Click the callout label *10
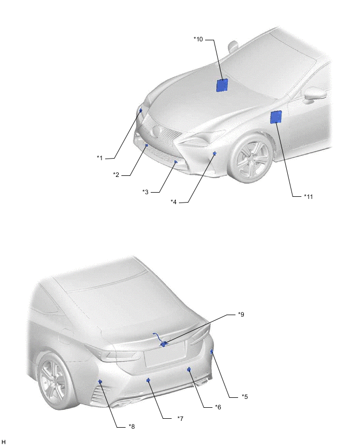[198, 39]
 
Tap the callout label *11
[308, 196]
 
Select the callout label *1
[99, 158]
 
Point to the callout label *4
[174, 202]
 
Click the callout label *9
[241, 314]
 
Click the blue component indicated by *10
[222, 85]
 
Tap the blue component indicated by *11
[276, 117]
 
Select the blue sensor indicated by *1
[141, 110]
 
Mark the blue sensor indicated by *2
[147, 145]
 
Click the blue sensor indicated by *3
[176, 162]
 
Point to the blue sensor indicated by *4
[215, 153]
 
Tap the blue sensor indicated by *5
[211, 352]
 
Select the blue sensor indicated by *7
[148, 380]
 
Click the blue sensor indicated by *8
[100, 382]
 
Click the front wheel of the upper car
[251, 158]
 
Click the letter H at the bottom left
[4, 441]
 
